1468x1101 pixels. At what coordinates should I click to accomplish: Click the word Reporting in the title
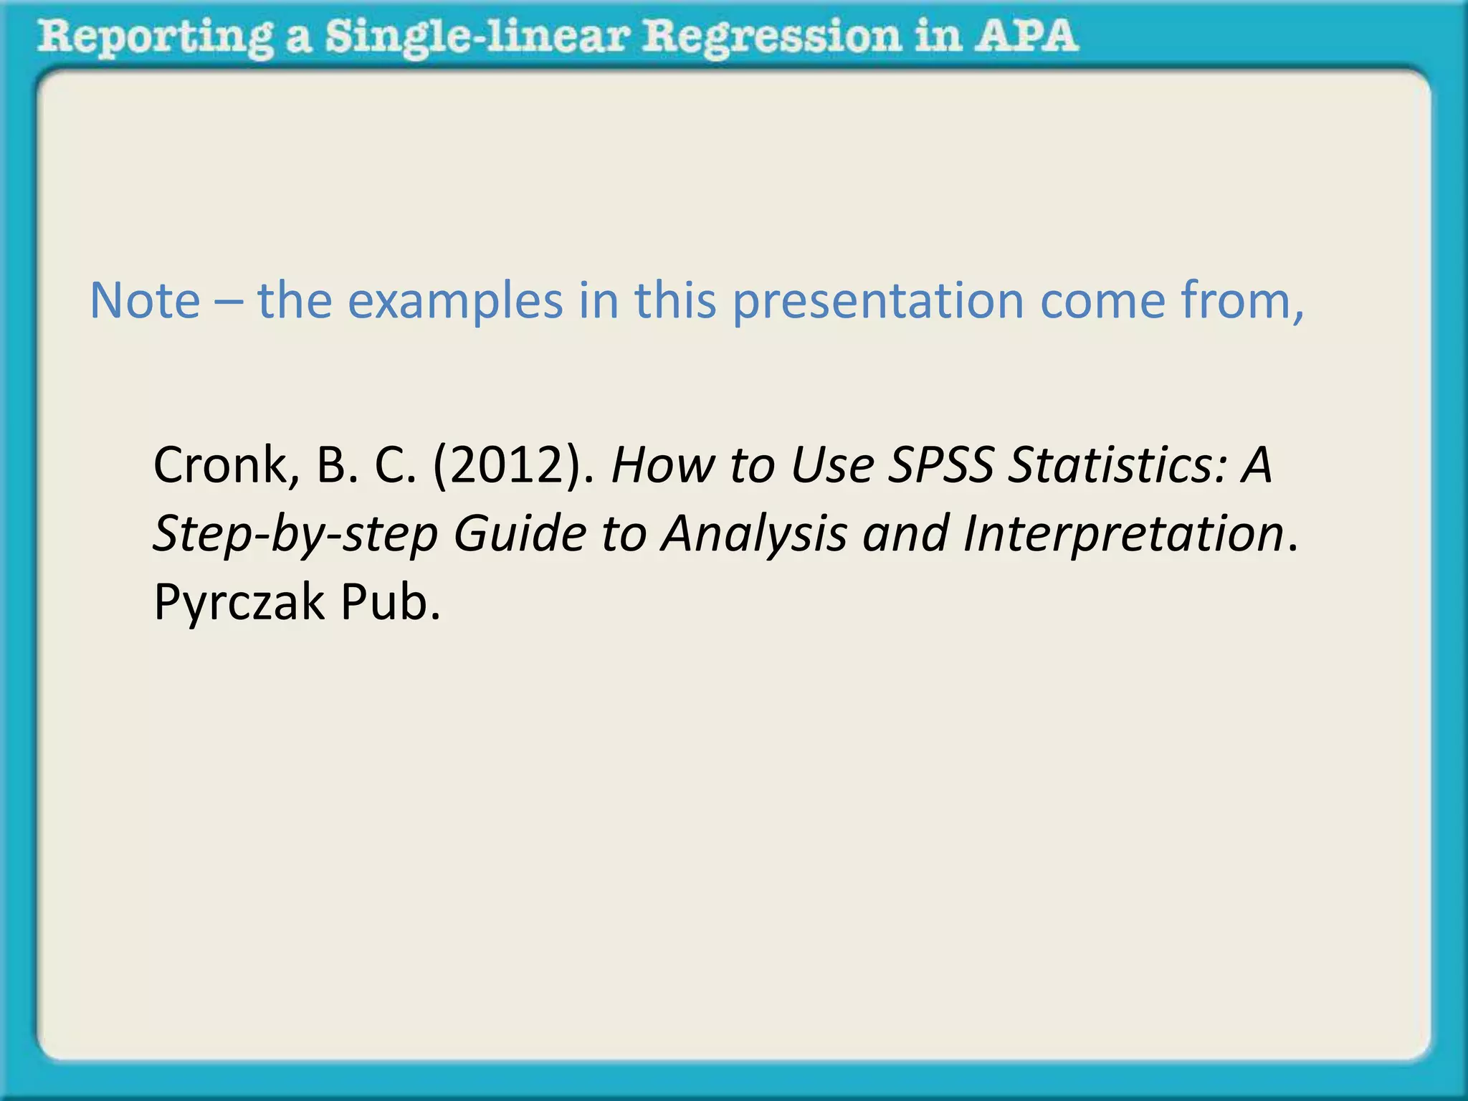pyautogui.click(x=155, y=37)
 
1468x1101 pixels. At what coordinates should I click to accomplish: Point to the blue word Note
pyautogui.click(x=145, y=300)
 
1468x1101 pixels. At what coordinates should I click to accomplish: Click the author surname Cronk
pyautogui.click(x=220, y=465)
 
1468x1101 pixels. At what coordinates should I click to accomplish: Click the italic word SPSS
pyautogui.click(x=940, y=465)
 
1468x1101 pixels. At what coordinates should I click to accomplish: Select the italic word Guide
pyautogui.click(x=520, y=533)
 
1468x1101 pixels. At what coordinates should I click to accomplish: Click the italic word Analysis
pyautogui.click(x=754, y=535)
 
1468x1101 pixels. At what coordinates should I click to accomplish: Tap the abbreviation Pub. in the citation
pyautogui.click(x=390, y=602)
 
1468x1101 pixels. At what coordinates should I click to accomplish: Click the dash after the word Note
pyautogui.click(x=228, y=302)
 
